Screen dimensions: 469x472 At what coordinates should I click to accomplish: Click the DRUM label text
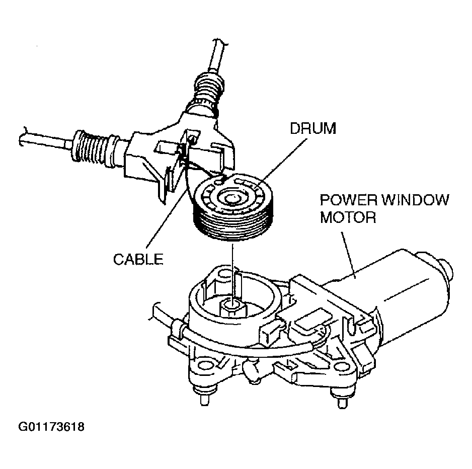coord(312,129)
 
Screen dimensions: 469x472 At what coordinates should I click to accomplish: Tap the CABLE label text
coord(138,259)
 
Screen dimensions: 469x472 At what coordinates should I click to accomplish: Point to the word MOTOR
coord(348,218)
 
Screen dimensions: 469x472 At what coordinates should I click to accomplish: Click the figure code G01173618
coord(51,428)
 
